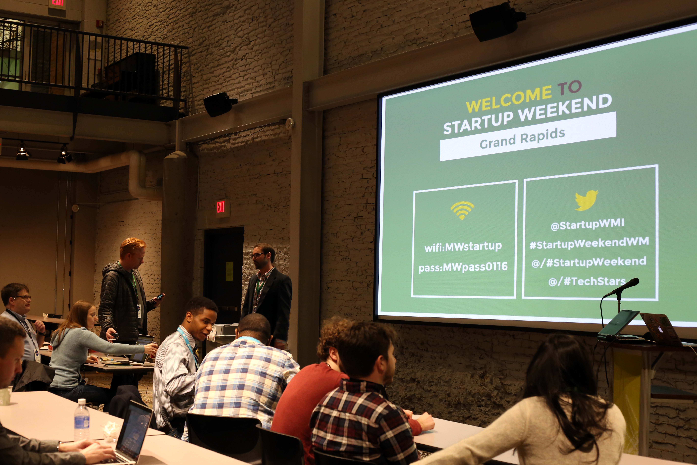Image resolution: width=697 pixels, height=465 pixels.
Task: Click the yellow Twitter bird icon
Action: (x=586, y=200)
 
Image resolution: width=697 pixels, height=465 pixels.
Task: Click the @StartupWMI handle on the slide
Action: (x=587, y=224)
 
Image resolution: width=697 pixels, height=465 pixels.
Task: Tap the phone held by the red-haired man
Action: (x=159, y=297)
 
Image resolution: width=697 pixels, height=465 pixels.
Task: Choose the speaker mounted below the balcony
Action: (x=219, y=104)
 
